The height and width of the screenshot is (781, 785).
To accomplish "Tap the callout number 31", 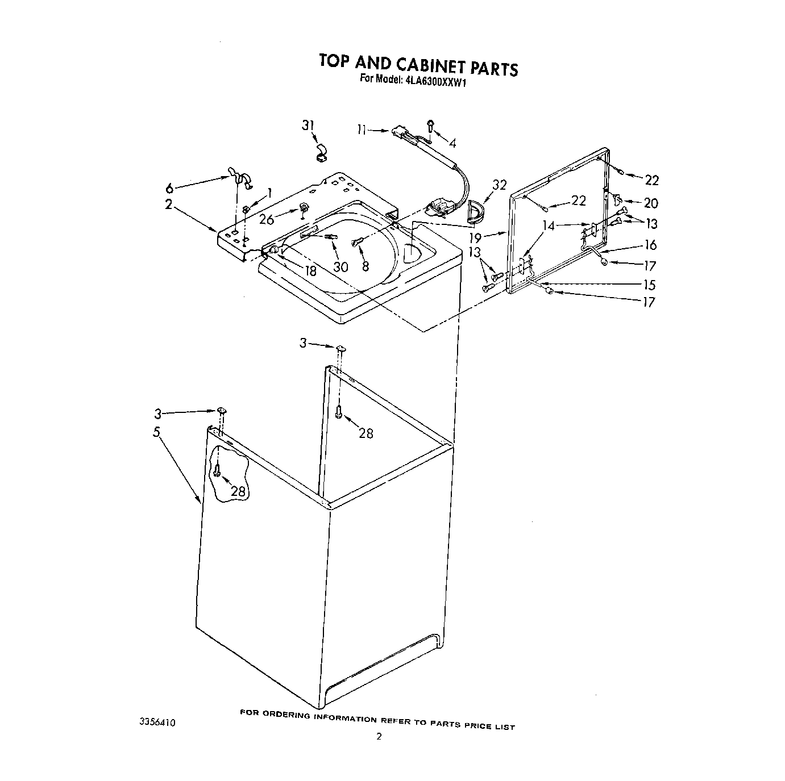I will pos(308,126).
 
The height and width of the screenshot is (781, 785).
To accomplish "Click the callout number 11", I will pos(362,130).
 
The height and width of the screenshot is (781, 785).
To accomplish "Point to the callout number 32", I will pos(499,185).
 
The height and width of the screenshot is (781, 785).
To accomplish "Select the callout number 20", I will pos(651,203).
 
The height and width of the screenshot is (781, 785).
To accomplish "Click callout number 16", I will pos(651,245).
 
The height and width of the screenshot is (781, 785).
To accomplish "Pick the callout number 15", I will pos(649,285).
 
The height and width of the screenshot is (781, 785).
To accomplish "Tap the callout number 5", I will pos(156,432).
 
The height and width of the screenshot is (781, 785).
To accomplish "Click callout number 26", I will pos(267,219).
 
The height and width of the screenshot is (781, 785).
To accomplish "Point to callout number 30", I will pos(340,266).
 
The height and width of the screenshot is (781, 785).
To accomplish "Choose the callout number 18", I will pos(310,271).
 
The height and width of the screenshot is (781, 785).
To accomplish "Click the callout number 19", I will pos(475,238).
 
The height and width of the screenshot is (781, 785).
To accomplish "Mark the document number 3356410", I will pos(157,722).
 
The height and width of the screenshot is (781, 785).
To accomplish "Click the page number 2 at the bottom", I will pos(379,753).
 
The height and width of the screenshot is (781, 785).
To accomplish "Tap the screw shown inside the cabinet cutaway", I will pos(217,469).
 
